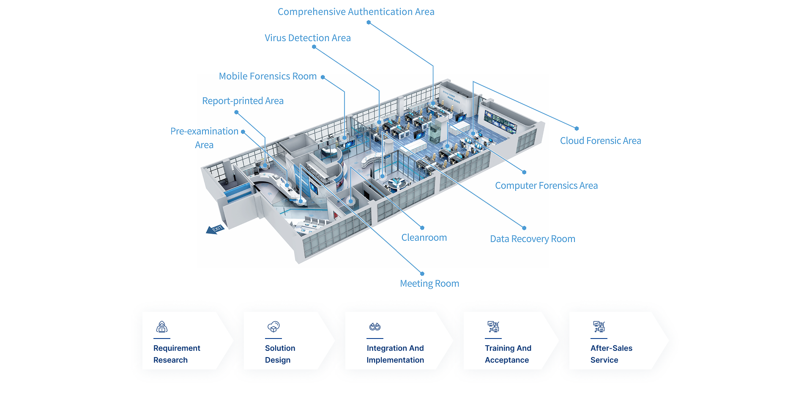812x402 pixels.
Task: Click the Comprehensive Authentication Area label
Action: tap(356, 12)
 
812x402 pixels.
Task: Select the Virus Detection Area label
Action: tap(308, 38)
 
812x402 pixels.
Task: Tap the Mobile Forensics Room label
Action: tap(268, 76)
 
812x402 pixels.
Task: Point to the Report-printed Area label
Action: tap(243, 101)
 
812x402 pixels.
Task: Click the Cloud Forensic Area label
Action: tap(600, 140)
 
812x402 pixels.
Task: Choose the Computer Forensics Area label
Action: tap(546, 185)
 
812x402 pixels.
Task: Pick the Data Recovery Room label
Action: tap(533, 239)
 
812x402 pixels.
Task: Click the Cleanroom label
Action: tap(424, 237)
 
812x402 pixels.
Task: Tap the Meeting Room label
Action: tap(429, 284)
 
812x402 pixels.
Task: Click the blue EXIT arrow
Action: tap(215, 229)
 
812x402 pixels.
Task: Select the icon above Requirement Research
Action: tap(162, 327)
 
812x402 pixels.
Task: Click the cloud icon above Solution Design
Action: tap(273, 327)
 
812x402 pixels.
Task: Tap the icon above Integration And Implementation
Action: tap(375, 327)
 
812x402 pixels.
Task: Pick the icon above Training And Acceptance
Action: tap(493, 327)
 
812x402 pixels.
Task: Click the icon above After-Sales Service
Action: tap(599, 327)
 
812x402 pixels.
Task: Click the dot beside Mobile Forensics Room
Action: tap(323, 77)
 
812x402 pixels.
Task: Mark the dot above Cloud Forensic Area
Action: tap(577, 128)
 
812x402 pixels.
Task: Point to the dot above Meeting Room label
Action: tap(422, 274)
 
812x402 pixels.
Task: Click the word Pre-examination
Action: tap(204, 131)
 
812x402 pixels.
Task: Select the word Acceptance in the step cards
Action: tap(507, 360)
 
